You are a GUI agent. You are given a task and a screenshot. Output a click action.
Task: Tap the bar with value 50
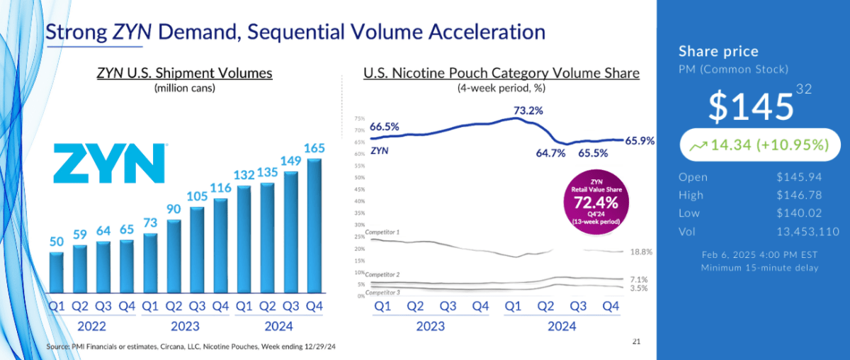[57, 272]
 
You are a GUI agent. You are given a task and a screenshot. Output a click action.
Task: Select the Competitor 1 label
[382, 232]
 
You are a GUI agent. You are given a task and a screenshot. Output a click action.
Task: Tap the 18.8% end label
[639, 252]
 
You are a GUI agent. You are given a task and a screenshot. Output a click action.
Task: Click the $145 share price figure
[751, 106]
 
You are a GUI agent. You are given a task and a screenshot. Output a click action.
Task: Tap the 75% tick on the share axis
[359, 119]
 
